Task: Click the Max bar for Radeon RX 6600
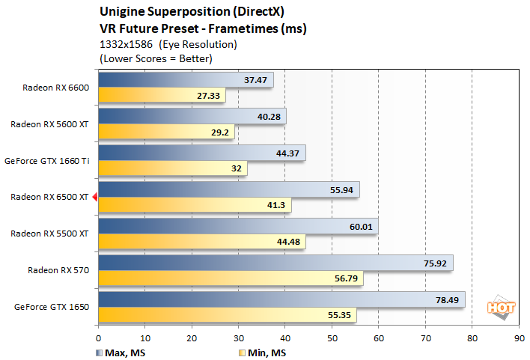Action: click(x=186, y=80)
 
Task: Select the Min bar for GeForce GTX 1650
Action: click(x=227, y=316)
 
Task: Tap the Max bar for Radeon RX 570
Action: click(x=275, y=263)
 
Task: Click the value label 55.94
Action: click(x=341, y=190)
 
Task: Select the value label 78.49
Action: click(x=447, y=299)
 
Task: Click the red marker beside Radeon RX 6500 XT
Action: click(x=94, y=197)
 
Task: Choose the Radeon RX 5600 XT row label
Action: click(x=49, y=124)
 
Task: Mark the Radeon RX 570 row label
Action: click(x=58, y=269)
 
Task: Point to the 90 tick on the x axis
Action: click(x=519, y=338)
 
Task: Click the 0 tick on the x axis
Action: click(x=99, y=338)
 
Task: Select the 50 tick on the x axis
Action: click(x=332, y=338)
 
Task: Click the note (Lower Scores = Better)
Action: click(x=145, y=58)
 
